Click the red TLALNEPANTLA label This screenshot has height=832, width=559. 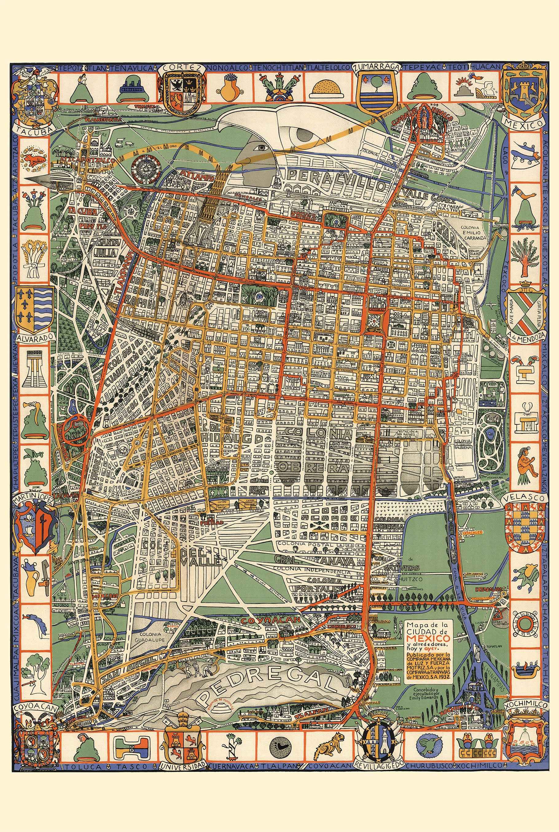coord(106,120)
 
